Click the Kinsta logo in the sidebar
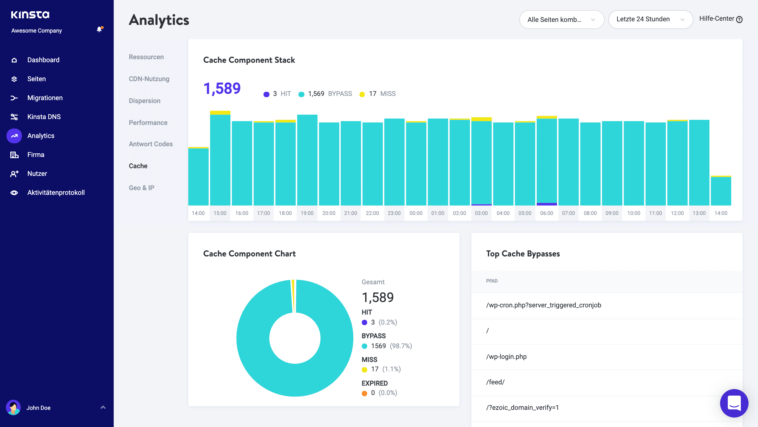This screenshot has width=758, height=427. pos(30,15)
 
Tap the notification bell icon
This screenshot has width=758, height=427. pos(99,29)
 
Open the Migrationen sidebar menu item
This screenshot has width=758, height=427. pos(45,98)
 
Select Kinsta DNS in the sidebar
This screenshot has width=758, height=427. pos(44,117)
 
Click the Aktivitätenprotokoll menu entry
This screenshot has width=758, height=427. pos(56,192)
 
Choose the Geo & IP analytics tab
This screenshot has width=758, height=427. pos(141,188)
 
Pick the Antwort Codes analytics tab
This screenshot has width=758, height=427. pos(150,144)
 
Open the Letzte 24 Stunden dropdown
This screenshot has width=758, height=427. pos(650,19)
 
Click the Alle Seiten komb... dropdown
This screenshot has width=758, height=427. pos(561,20)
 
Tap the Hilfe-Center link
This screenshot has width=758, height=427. pos(720,19)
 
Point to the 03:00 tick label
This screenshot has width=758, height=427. pos(481,213)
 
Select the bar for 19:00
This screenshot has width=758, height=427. pos(307,160)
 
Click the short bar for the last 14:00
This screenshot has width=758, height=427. pos(721,191)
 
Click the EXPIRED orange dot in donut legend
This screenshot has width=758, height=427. pos(364,393)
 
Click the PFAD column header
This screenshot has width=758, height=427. pos(492,281)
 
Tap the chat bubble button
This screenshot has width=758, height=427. pos(734,403)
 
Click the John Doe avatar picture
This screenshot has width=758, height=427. pos(13,408)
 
